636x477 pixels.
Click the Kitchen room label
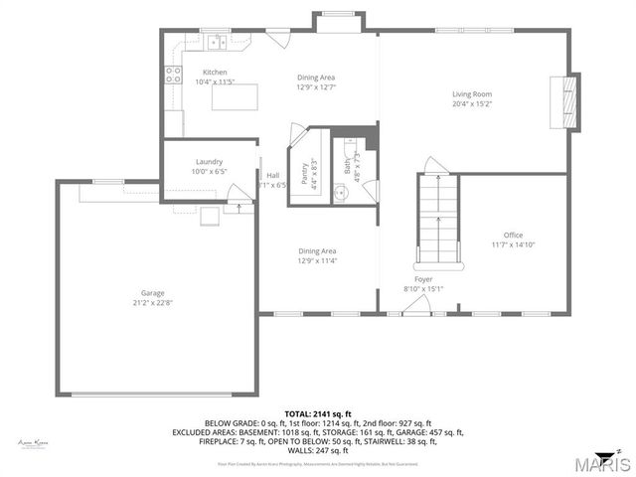tap(216, 73)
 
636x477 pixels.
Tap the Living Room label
tap(472, 94)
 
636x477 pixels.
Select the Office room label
tap(512, 236)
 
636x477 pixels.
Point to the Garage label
tap(152, 293)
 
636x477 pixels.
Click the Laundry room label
tap(209, 161)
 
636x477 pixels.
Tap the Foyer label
tap(423, 279)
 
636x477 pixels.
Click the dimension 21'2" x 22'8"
tap(152, 303)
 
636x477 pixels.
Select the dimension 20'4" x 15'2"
tap(472, 104)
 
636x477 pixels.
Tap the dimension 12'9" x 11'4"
tap(316, 261)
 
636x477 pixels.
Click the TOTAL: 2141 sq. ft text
tap(317, 413)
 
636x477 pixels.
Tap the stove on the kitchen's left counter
tap(173, 72)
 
